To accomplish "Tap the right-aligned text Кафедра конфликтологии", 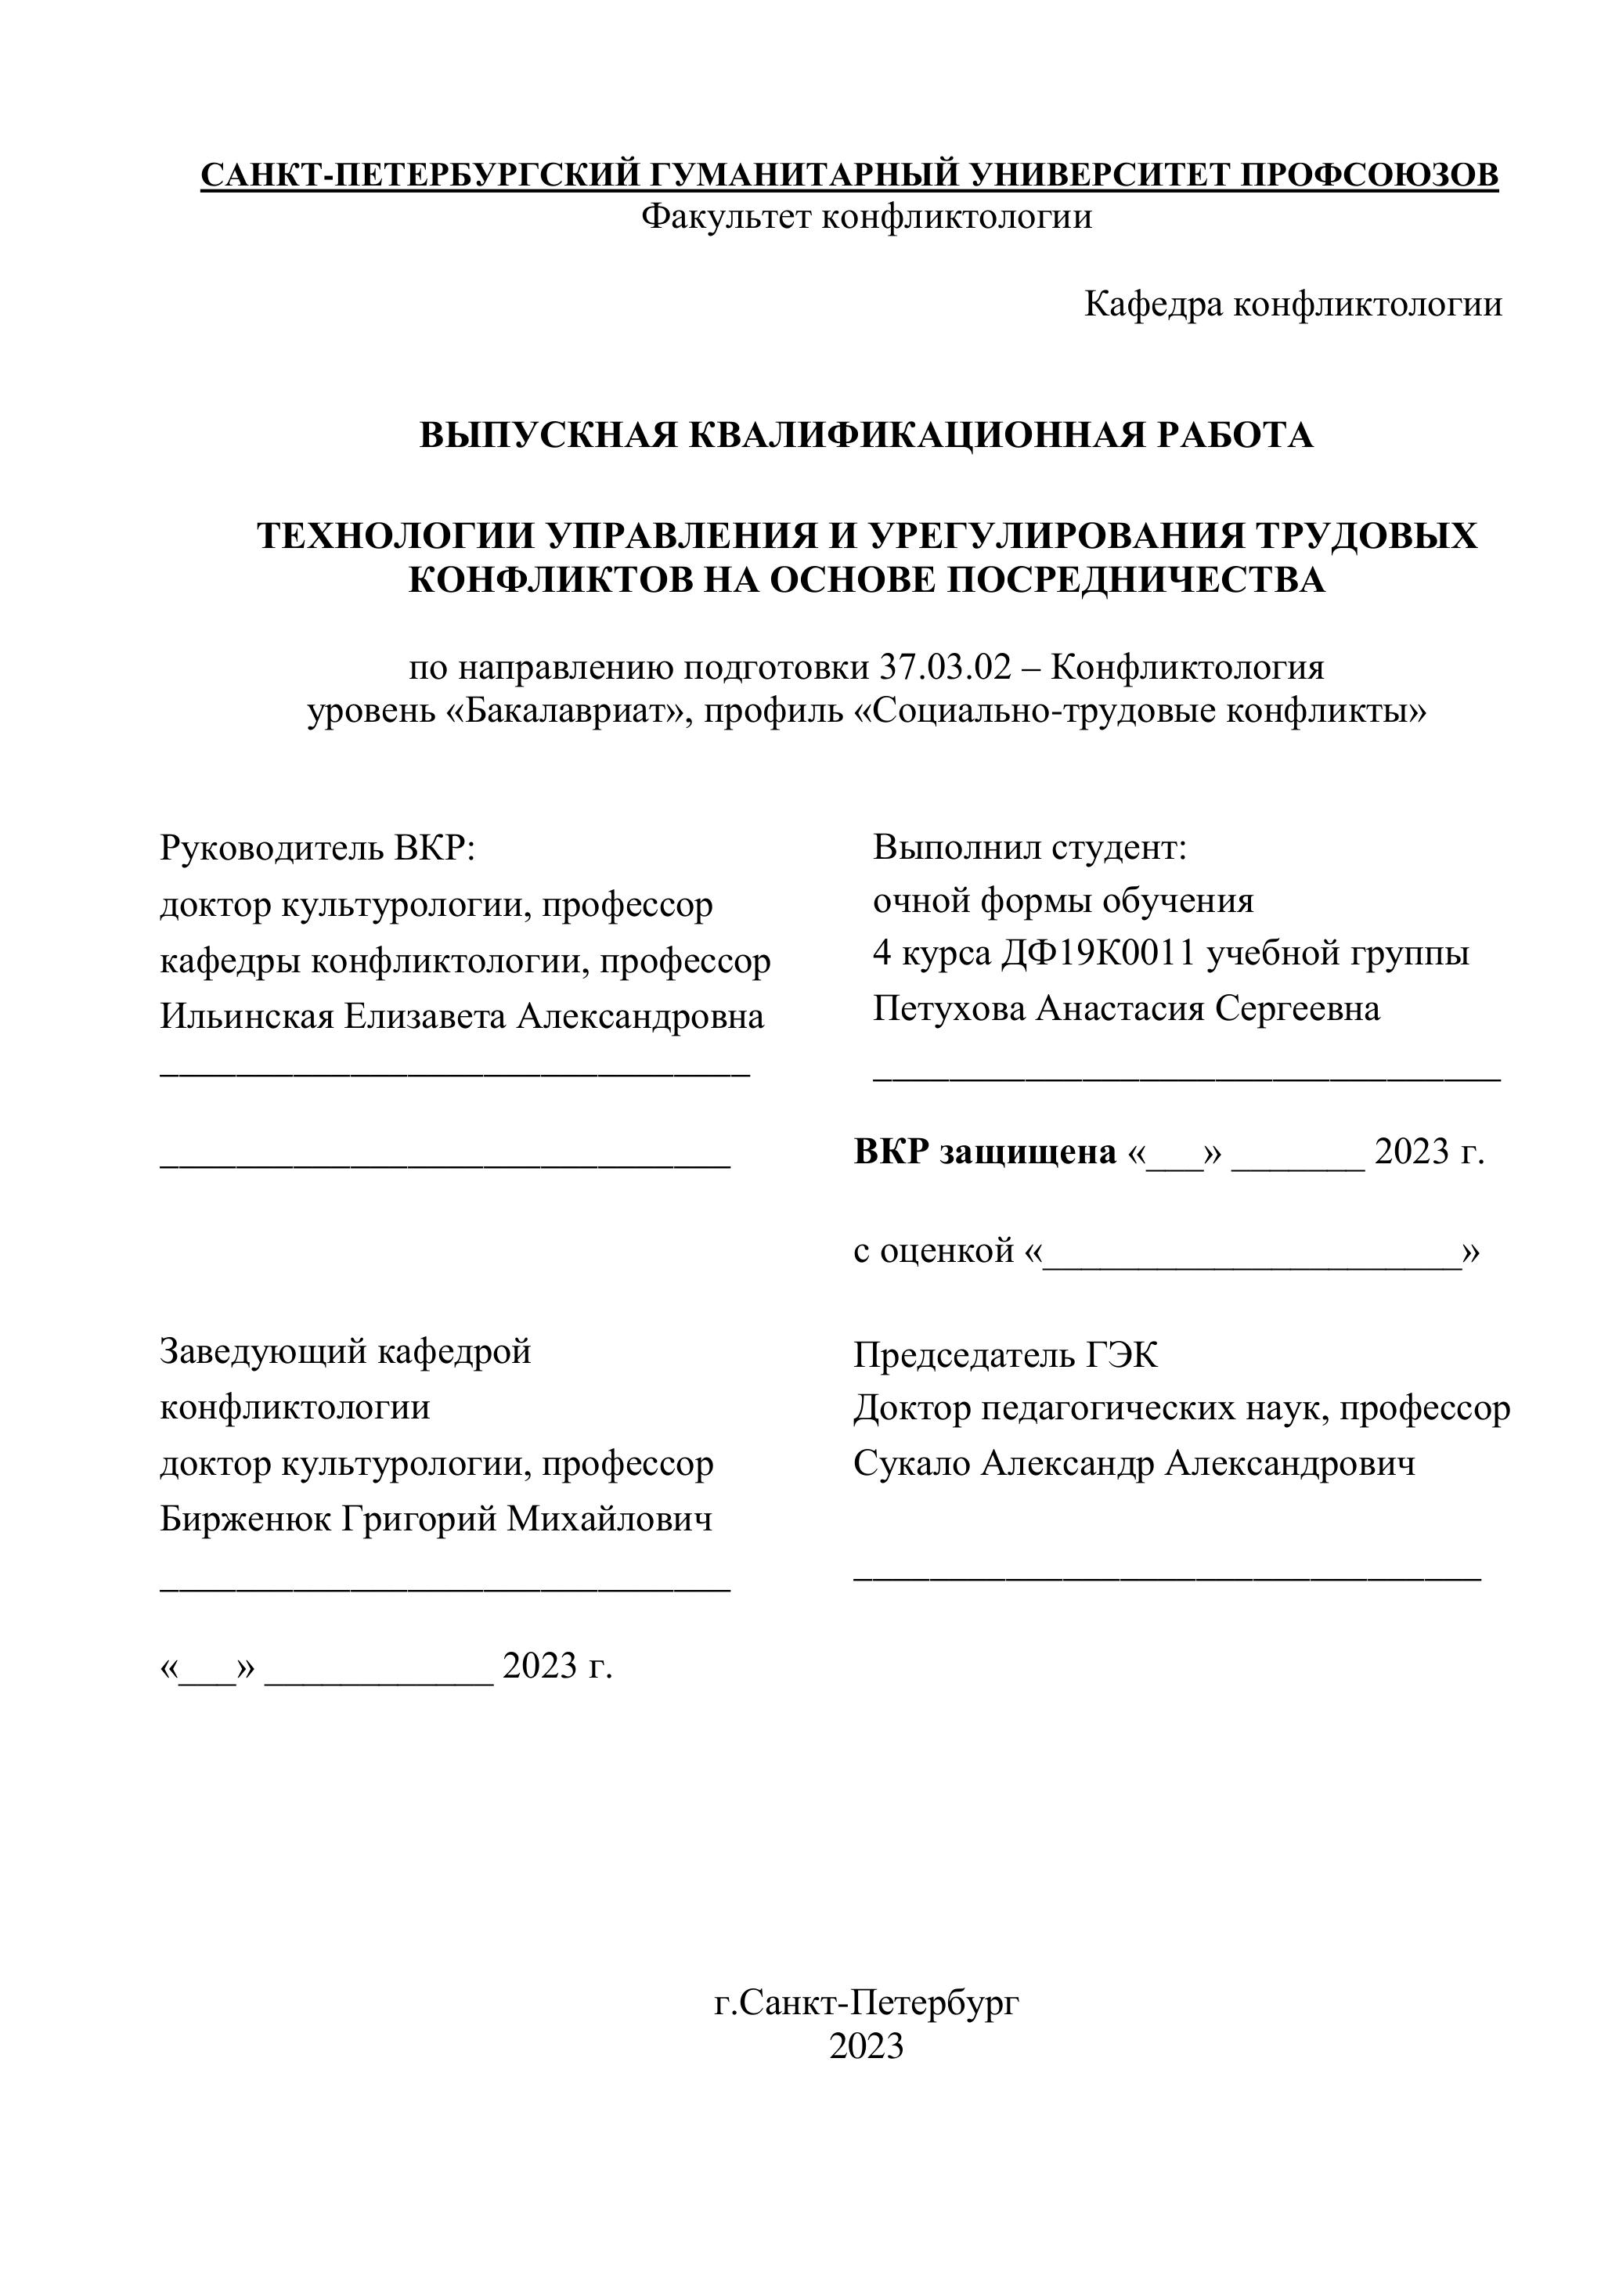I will (1293, 304).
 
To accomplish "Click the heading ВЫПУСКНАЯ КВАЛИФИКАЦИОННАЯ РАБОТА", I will (867, 436).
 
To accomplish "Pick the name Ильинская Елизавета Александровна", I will (463, 1016).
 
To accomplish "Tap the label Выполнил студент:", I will (1029, 849).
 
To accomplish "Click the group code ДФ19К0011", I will (1098, 954).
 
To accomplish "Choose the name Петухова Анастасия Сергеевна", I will (1127, 1009).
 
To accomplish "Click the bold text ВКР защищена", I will (985, 1152).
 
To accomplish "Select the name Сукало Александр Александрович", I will (1134, 1464).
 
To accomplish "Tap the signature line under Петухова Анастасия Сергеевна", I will (1186, 1076).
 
